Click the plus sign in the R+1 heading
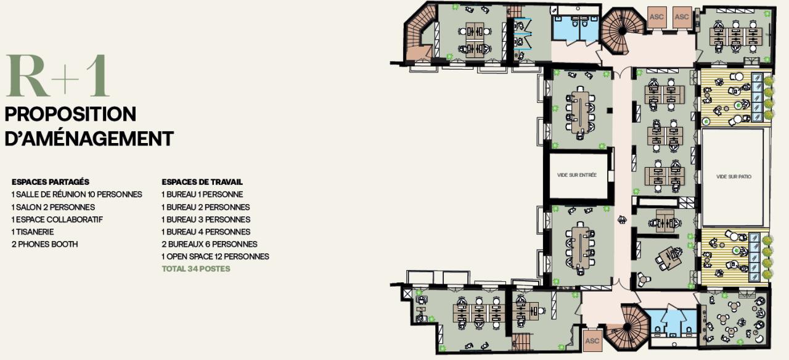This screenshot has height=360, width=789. (x=65, y=78)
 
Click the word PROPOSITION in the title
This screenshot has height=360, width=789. (x=70, y=114)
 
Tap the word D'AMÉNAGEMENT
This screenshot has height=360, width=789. (x=89, y=139)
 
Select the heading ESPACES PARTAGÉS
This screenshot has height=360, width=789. (x=51, y=182)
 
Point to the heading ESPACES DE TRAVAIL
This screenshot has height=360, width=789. (x=202, y=182)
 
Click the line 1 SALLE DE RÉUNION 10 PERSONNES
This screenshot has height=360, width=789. (x=77, y=194)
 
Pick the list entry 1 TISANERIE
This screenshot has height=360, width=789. (x=33, y=232)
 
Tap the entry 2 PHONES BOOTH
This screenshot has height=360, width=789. (x=45, y=244)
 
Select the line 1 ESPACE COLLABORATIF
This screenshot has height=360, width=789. (x=57, y=219)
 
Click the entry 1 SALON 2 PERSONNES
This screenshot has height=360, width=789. (x=53, y=207)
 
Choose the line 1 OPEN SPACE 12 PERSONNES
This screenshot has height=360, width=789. (x=215, y=256)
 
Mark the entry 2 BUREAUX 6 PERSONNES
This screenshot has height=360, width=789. (x=210, y=244)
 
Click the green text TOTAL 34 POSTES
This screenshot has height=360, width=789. (x=196, y=269)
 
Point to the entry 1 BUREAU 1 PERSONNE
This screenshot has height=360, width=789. (x=202, y=194)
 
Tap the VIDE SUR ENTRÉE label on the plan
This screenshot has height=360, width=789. (x=577, y=174)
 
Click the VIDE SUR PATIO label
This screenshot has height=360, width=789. (x=734, y=176)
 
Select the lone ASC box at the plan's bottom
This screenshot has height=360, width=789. (x=592, y=341)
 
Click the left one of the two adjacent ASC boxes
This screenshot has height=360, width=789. (x=656, y=17)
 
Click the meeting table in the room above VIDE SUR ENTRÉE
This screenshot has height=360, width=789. (x=580, y=112)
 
